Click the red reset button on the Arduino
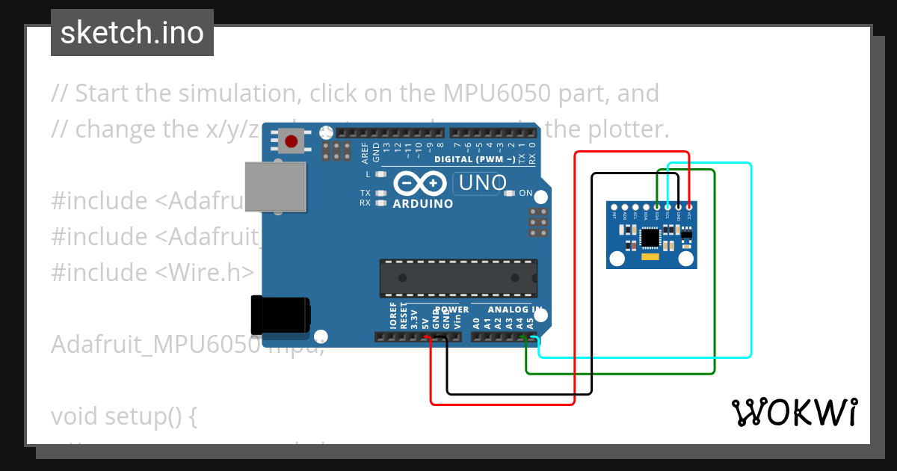[291, 140]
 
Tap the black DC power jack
[281, 315]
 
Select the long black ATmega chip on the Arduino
[458, 277]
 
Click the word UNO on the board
[483, 182]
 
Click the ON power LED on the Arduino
[510, 193]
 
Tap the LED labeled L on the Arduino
[381, 174]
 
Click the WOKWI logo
[794, 412]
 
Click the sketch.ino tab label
[132, 33]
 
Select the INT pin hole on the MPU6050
[614, 207]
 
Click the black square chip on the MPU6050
[650, 238]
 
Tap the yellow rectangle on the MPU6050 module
[650, 257]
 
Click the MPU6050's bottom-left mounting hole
[617, 259]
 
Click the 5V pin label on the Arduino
[425, 324]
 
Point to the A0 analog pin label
[476, 324]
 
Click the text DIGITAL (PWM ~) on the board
[474, 159]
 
